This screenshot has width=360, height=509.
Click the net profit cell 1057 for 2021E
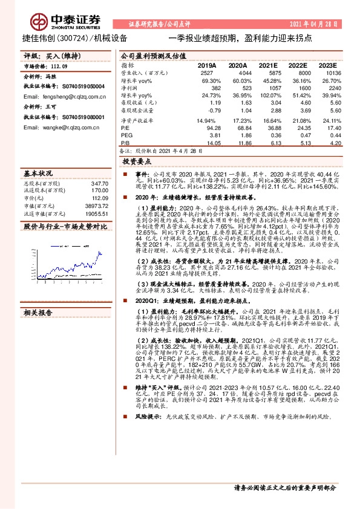(268, 88)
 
